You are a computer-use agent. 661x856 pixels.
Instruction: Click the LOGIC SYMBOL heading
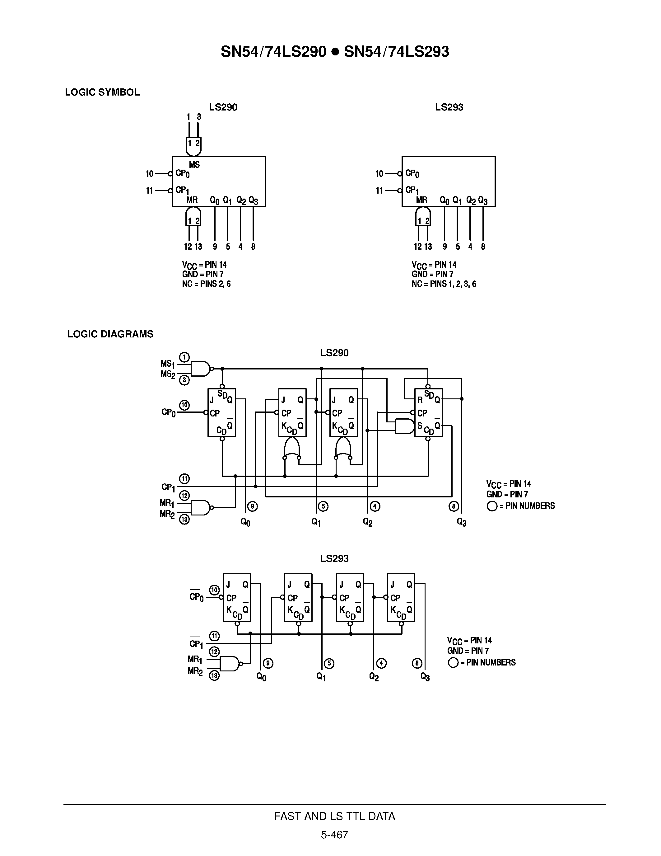click(102, 92)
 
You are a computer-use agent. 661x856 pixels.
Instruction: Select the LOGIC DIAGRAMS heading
click(110, 334)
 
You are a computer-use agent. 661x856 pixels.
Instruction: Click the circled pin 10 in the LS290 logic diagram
click(184, 405)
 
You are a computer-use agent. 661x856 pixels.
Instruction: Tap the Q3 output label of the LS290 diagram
click(462, 522)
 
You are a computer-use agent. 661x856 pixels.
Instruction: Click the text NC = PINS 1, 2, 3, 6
click(444, 284)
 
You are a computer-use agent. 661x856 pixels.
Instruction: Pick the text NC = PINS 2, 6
click(206, 284)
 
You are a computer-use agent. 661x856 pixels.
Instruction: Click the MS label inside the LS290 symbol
click(194, 165)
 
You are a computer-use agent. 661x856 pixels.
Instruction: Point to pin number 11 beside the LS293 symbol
click(379, 191)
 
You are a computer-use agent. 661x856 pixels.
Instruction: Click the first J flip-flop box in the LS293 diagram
click(236, 597)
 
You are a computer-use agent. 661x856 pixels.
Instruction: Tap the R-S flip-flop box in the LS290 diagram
click(428, 412)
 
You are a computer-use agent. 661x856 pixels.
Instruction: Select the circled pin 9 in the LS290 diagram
click(253, 506)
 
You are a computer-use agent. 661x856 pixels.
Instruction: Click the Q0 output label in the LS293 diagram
click(261, 677)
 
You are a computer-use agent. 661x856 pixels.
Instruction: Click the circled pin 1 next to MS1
click(184, 357)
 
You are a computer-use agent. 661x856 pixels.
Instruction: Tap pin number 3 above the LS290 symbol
click(199, 117)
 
